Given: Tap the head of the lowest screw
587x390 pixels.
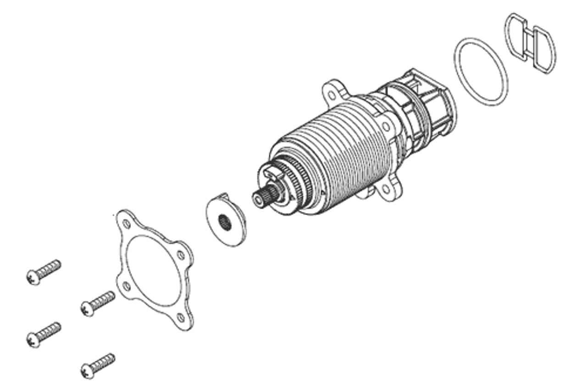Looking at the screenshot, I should pyautogui.click(x=87, y=369).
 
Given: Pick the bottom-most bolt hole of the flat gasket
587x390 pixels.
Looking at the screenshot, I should pyautogui.click(x=181, y=317).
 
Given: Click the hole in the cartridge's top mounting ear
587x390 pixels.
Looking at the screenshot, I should pyautogui.click(x=332, y=95).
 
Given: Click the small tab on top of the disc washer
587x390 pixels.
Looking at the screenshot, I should pyautogui.click(x=223, y=196).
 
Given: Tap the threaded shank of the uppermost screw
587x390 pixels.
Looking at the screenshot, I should pyautogui.click(x=50, y=269).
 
